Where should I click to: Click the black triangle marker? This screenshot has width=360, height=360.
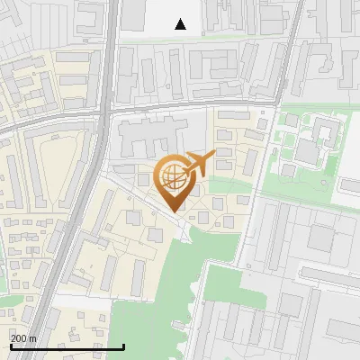(x=181, y=24)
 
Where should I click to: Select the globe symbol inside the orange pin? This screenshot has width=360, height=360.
(x=173, y=175)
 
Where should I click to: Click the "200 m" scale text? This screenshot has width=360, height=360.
(x=23, y=338)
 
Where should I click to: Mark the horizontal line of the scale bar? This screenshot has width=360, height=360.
(x=67, y=346)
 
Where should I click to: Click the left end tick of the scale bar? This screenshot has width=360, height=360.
(x=10, y=345)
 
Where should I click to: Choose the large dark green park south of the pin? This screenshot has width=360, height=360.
(x=153, y=315)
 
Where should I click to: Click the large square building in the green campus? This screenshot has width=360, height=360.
(x=308, y=152)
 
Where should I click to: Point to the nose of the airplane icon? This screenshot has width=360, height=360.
(x=215, y=155)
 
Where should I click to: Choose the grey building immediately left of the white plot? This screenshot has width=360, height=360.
(x=134, y=13)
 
